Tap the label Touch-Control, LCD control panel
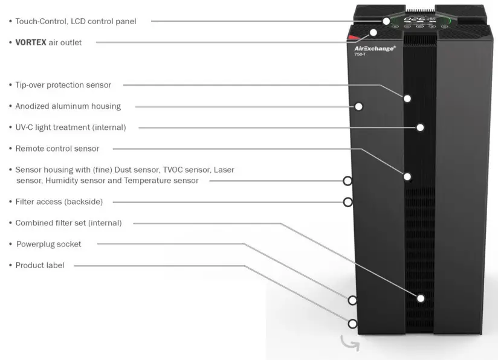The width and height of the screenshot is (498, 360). pos(76,21)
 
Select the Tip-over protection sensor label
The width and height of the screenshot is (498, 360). pos(63,85)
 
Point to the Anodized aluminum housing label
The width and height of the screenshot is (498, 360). pos(68,106)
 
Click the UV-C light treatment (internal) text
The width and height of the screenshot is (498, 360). pos(71,127)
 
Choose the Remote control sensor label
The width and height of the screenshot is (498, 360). pos(57,149)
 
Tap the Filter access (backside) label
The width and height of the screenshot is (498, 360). pos(59,202)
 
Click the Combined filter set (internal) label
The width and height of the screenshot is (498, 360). pos(68,223)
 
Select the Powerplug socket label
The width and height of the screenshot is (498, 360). pos(48,244)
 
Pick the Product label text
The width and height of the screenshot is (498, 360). pos(40,265)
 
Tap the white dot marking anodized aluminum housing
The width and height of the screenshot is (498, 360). pos(358,106)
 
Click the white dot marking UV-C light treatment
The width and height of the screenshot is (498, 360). pos(420,127)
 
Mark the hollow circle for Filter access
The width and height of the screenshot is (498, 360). pos(348,202)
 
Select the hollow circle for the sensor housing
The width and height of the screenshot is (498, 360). pos(348,180)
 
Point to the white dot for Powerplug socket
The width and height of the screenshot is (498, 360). pos(352,300)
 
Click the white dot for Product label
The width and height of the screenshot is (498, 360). pos(352,323)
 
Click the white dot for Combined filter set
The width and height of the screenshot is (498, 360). pos(421,298)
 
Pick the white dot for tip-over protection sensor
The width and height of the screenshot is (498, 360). pos(407,98)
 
